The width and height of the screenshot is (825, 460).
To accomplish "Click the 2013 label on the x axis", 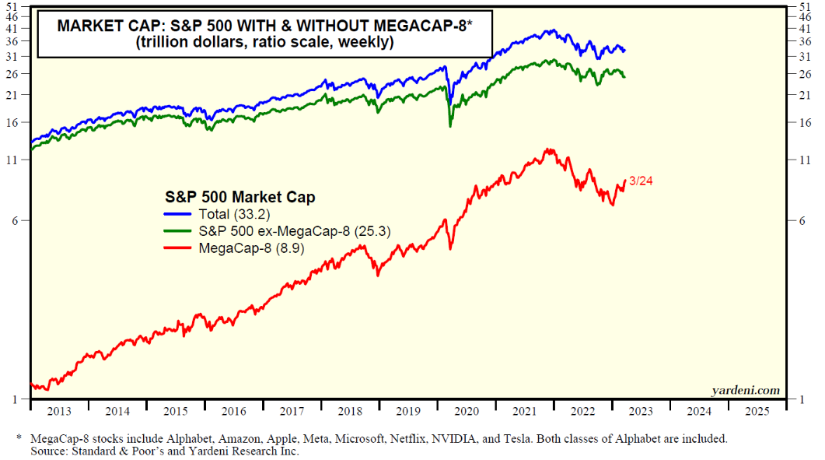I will tap(59, 410).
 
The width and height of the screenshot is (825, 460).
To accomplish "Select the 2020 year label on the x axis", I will tap(466, 410).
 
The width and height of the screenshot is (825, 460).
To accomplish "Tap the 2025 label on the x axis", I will tap(757, 410).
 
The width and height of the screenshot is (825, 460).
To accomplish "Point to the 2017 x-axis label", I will tap(292, 410).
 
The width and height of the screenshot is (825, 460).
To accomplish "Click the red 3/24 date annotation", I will tap(641, 182).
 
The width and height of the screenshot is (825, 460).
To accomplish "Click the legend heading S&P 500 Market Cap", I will tap(240, 197).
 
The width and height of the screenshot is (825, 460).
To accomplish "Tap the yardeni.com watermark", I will tap(745, 389).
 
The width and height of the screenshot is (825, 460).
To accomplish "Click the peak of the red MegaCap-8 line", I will tap(550, 149).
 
